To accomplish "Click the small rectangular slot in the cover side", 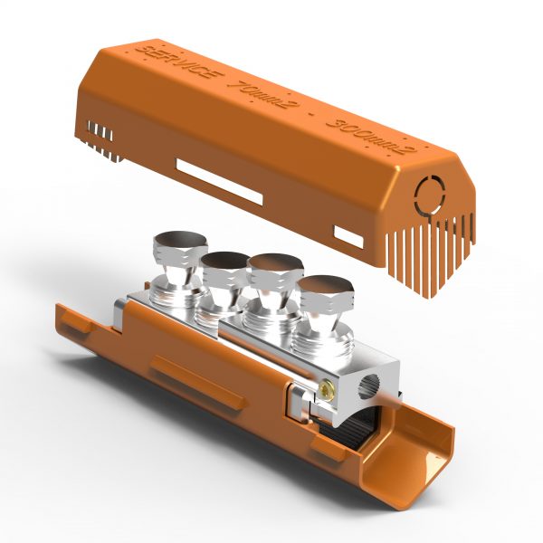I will pos(349,237).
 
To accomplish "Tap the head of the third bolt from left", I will pos(274,266).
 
